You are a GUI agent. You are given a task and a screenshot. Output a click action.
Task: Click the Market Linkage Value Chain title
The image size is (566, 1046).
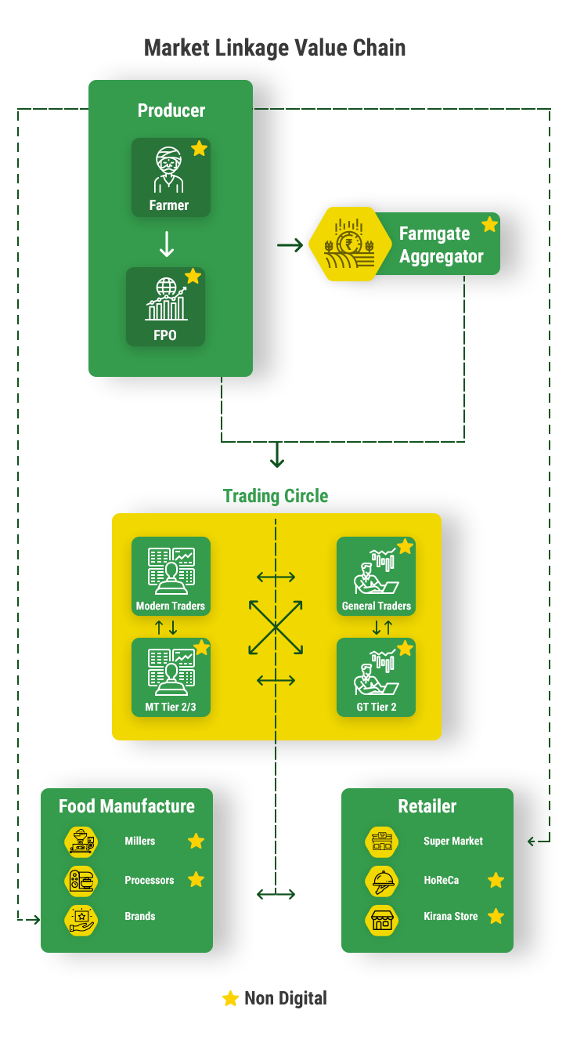pos(275,48)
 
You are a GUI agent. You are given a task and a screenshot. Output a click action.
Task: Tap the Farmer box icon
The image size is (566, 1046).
pos(169,169)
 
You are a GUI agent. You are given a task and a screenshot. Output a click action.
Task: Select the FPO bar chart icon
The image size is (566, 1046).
pos(166,299)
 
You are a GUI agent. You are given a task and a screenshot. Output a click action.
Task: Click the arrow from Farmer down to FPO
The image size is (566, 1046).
pos(167,244)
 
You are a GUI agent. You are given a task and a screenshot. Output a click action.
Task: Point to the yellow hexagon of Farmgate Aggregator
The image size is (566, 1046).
pos(351,244)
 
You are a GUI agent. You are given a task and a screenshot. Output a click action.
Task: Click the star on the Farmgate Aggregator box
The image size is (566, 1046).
pos(489,225)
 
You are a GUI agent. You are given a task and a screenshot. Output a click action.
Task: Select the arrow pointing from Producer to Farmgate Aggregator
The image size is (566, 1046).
pos(290,244)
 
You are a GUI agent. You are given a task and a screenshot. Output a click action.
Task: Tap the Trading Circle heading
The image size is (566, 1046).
pos(276,496)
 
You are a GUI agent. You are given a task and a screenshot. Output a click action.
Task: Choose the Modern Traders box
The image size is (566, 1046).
pos(171,576)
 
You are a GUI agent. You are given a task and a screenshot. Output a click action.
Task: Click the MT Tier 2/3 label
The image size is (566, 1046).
pos(171,707)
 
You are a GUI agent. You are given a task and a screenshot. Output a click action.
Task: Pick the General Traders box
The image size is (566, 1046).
pos(376,576)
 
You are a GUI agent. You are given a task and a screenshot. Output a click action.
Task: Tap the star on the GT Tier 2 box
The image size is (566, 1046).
pos(405,648)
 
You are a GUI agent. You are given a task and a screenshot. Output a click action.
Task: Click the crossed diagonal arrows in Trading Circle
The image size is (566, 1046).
pos(276,628)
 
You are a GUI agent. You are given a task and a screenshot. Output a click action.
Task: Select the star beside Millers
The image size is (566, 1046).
pos(196,841)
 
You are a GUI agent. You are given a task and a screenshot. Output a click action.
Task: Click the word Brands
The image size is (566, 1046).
pos(140,916)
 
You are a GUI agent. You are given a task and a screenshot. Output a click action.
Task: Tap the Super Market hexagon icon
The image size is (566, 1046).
pos(382,842)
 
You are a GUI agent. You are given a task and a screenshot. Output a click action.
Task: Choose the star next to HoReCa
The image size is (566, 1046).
pos(496,880)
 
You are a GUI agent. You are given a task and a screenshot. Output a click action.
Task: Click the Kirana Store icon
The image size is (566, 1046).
pos(382,921)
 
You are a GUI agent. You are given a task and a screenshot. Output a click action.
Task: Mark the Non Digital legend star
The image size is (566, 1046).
pos(230,998)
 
